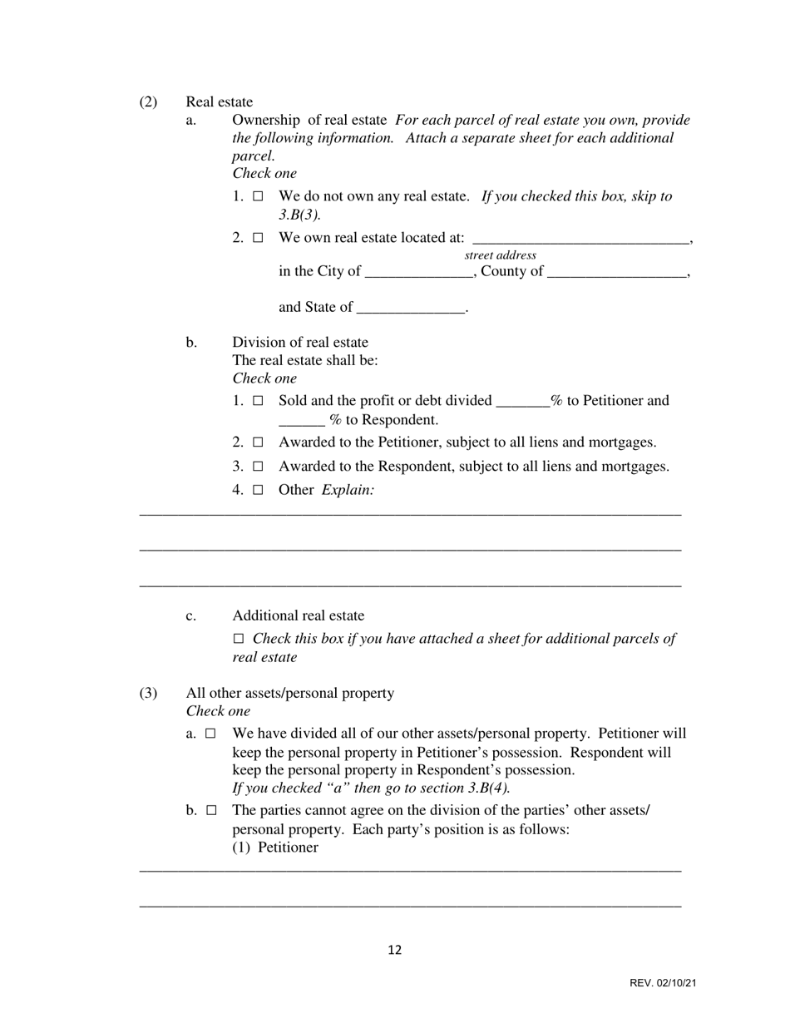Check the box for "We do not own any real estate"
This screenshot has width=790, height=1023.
(x=258, y=197)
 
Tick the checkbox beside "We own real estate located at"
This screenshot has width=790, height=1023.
(x=258, y=238)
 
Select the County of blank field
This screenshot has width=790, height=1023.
(x=618, y=273)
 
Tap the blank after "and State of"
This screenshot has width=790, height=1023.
(x=410, y=309)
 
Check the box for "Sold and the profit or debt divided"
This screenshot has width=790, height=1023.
(x=258, y=401)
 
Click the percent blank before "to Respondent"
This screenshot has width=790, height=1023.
(x=302, y=421)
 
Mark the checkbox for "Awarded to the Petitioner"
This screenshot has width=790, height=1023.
(x=258, y=442)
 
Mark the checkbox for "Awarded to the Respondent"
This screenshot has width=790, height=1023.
(x=258, y=467)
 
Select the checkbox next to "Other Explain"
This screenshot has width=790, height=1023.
(x=258, y=491)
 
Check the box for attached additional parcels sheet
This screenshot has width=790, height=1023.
(x=239, y=640)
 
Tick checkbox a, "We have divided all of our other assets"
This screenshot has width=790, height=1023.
(x=211, y=734)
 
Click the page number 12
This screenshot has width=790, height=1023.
(x=395, y=951)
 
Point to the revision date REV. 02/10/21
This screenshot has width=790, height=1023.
(x=663, y=984)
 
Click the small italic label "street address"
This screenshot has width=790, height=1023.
(x=500, y=255)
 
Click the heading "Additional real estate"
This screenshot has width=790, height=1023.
(x=298, y=616)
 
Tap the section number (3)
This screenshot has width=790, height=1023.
(x=148, y=694)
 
